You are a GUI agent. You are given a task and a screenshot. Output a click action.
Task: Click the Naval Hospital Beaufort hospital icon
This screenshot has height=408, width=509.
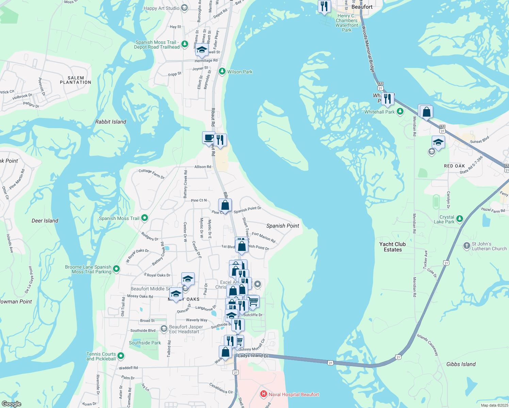[263, 394]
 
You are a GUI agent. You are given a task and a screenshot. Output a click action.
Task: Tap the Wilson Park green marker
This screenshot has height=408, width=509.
[222, 71]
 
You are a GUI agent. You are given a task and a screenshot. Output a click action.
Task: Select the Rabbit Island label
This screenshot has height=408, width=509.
[111, 122]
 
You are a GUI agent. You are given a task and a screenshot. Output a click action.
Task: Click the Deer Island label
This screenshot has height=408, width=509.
[45, 221]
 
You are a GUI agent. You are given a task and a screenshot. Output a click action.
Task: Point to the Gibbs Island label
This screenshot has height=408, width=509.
[461, 364]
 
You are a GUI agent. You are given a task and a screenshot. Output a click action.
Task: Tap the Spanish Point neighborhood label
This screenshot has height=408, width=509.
[282, 226]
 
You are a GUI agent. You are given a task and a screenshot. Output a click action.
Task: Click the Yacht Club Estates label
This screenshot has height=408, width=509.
[393, 247]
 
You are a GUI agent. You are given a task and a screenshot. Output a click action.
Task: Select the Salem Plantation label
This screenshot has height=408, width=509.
[76, 80]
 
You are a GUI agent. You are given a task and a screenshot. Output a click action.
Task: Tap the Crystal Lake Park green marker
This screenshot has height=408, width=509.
[460, 219]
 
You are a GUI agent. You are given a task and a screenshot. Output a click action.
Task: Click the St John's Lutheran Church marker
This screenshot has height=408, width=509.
[467, 245]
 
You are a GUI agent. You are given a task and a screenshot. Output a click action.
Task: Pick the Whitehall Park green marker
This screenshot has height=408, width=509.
[400, 111]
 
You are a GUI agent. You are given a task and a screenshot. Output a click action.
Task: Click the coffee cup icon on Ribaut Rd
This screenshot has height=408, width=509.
[209, 138]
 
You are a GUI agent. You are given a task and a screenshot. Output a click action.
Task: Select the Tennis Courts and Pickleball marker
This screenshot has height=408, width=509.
[121, 356]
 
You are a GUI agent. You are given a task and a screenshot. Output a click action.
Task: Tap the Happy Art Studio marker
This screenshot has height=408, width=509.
[184, 8]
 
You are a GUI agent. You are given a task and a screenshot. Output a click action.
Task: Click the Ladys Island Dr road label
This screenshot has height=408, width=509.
[253, 356]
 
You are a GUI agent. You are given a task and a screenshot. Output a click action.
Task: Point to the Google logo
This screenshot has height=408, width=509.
[12, 404]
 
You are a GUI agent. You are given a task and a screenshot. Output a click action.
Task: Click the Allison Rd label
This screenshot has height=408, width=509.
[203, 167]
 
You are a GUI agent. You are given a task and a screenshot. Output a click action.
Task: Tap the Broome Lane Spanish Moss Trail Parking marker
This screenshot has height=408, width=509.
[116, 269]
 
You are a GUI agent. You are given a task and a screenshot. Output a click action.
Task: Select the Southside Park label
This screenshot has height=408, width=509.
[145, 343]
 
